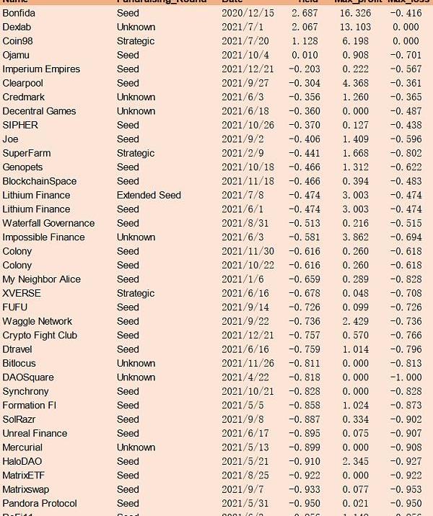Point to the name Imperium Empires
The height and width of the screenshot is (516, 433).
coord(41,69)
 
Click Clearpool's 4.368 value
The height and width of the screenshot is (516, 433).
coord(354,83)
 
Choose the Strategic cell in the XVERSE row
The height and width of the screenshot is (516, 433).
coord(136,293)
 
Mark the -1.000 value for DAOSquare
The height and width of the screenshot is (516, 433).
coord(404,377)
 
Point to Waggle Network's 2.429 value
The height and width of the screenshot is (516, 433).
coord(354,321)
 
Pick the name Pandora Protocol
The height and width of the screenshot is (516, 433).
coord(39,503)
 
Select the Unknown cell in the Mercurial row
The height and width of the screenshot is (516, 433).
coord(136,447)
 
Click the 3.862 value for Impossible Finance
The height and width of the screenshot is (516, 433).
coord(354,237)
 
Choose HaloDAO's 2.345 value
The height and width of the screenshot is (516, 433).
coord(354,461)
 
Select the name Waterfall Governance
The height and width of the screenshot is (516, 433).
coord(48,223)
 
